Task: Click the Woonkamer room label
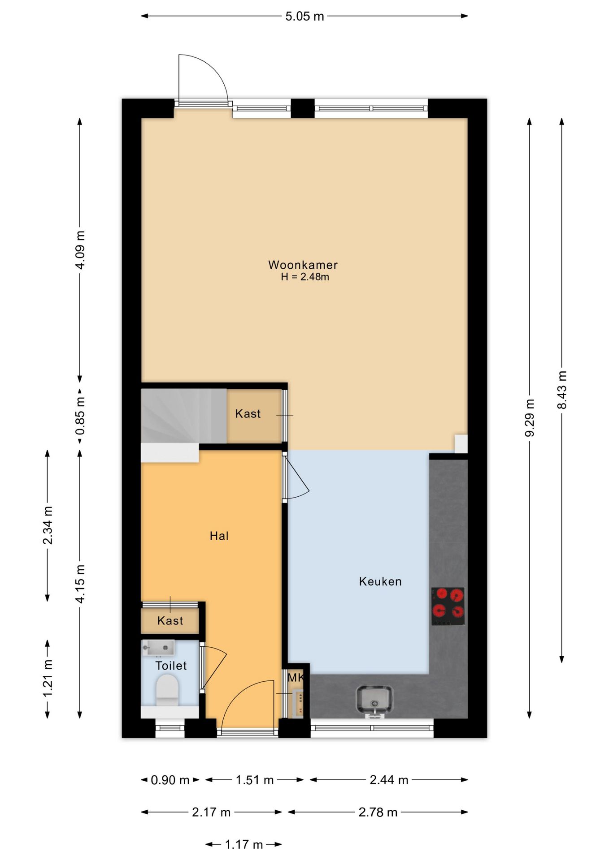click(303, 265)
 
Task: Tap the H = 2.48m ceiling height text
click(305, 277)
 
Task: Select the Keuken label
click(380, 581)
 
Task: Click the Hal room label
click(219, 536)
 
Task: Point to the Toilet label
click(171, 666)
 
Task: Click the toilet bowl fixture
click(167, 690)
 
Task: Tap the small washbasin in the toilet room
click(158, 648)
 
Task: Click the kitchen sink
click(374, 701)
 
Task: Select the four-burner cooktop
click(448, 606)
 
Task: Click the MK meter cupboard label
click(296, 678)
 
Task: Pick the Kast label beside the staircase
click(248, 413)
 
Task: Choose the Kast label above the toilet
click(170, 621)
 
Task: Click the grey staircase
click(184, 416)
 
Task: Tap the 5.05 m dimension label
click(304, 17)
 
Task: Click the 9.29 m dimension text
click(530, 418)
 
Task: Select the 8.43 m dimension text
click(562, 390)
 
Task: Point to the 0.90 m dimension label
click(170, 780)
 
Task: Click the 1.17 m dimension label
click(244, 845)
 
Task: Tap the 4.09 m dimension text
click(80, 250)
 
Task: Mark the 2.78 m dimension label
click(378, 813)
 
